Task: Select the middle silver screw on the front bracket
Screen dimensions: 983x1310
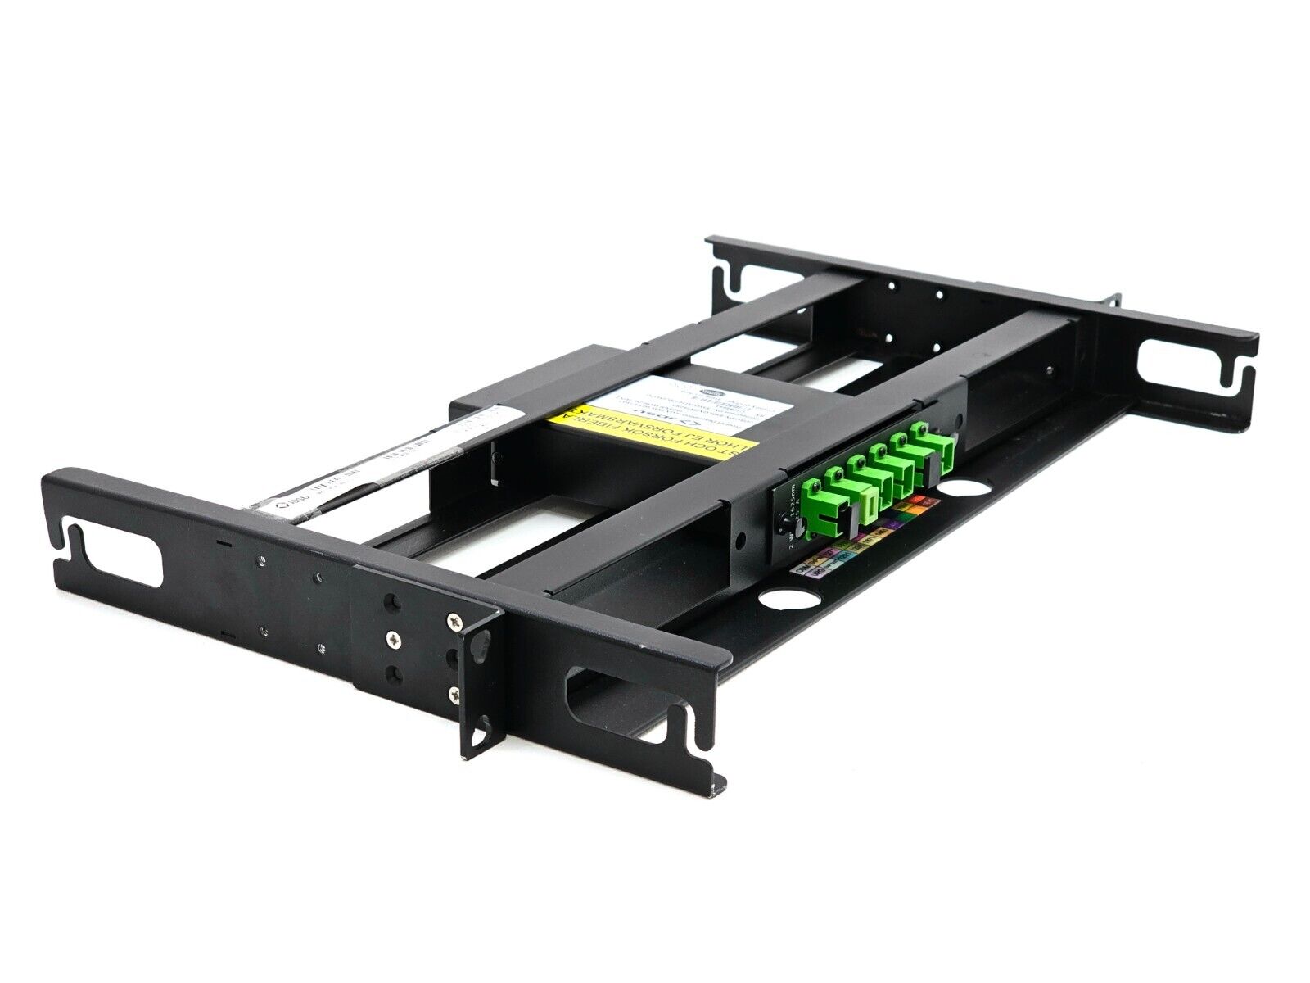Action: pyautogui.click(x=395, y=636)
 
